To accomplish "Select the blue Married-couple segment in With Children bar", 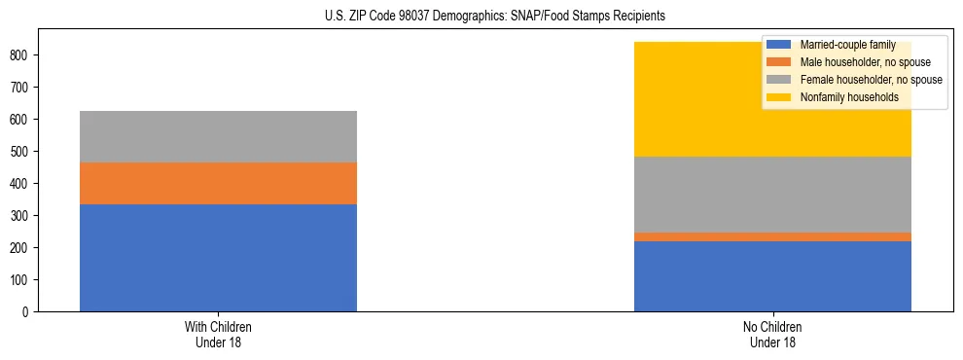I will click(x=218, y=258).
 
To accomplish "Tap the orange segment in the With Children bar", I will click(x=218, y=183).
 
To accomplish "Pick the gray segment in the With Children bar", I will click(x=218, y=136).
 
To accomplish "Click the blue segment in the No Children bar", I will click(x=772, y=276).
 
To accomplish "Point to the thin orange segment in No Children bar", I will click(x=772, y=236).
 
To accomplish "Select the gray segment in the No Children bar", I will click(x=772, y=195).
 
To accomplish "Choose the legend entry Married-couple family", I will click(x=841, y=45).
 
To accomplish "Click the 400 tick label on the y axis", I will click(x=21, y=184).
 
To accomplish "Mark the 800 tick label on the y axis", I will click(x=21, y=55).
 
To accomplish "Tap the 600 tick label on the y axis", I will click(x=21, y=120).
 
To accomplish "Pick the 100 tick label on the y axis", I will click(x=21, y=280).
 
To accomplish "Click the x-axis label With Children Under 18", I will click(x=218, y=334).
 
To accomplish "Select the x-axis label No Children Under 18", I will click(x=772, y=334).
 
